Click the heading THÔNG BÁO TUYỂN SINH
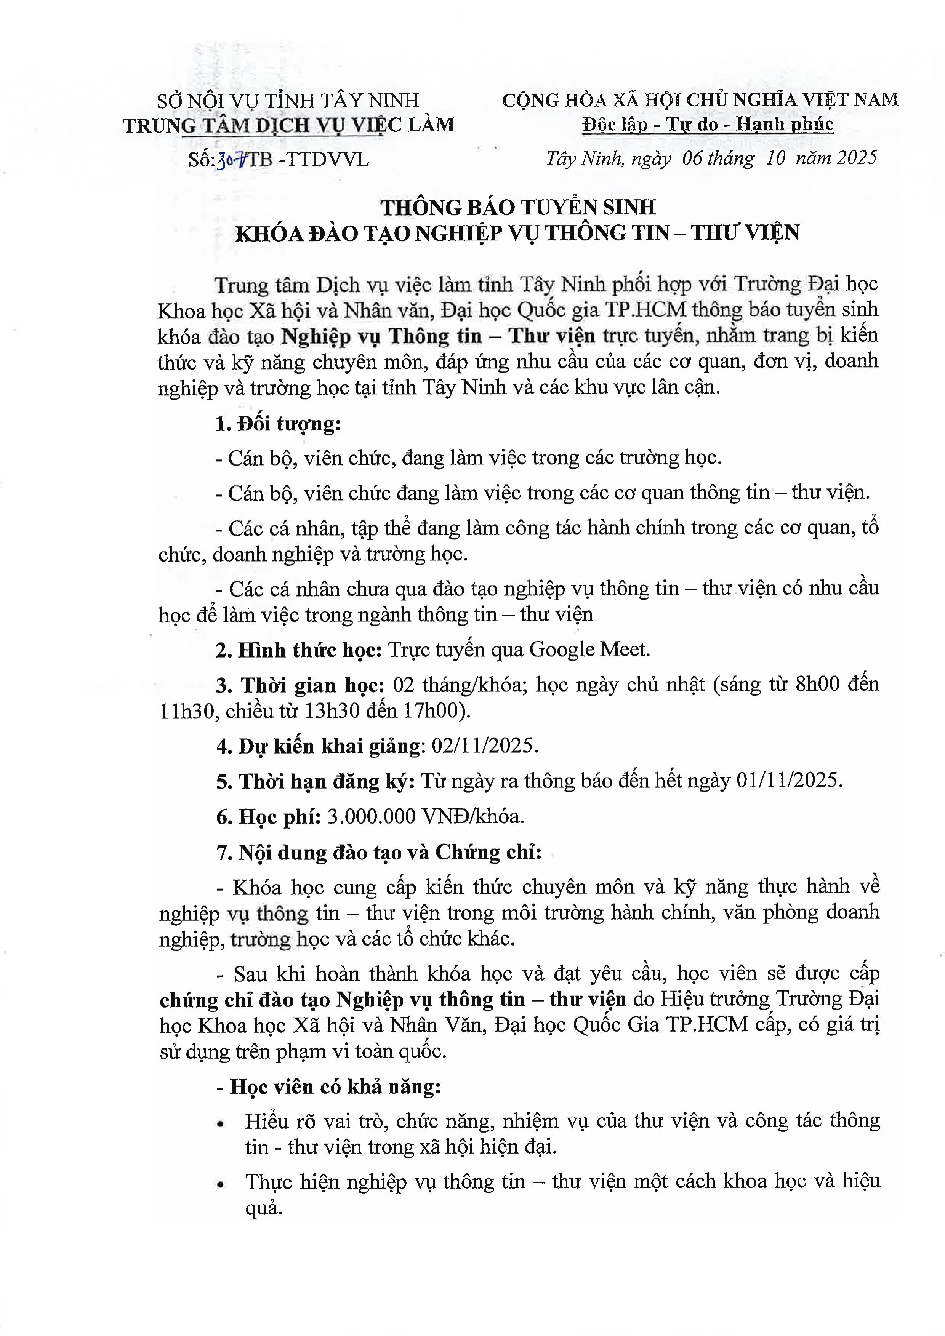[518, 208]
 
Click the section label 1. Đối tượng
[277, 424]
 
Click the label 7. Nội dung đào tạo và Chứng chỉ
[379, 853]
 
